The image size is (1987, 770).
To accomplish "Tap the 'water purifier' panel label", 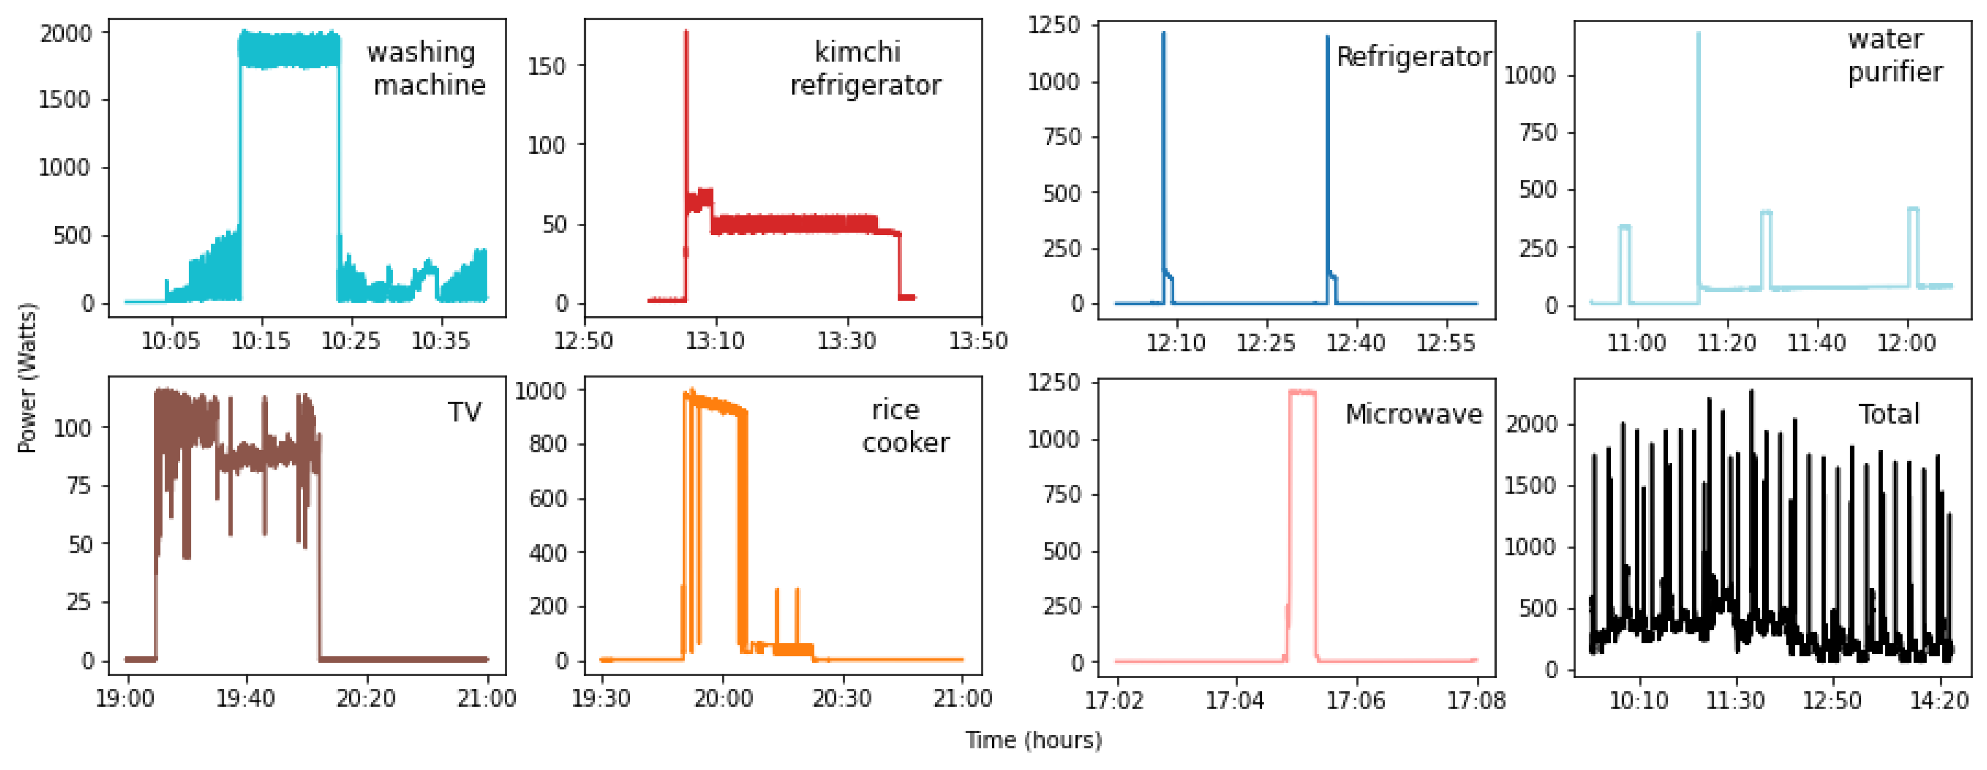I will tap(1895, 56).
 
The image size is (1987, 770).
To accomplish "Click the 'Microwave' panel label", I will tap(1413, 414).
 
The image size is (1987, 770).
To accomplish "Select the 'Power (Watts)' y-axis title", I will tap(27, 378).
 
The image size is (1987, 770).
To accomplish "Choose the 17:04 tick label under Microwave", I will tap(1235, 700).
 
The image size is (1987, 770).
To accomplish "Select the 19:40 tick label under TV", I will tap(245, 699).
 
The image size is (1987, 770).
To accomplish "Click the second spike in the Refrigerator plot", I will tap(1328, 39).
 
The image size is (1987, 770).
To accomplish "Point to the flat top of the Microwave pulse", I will tap(1302, 392).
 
